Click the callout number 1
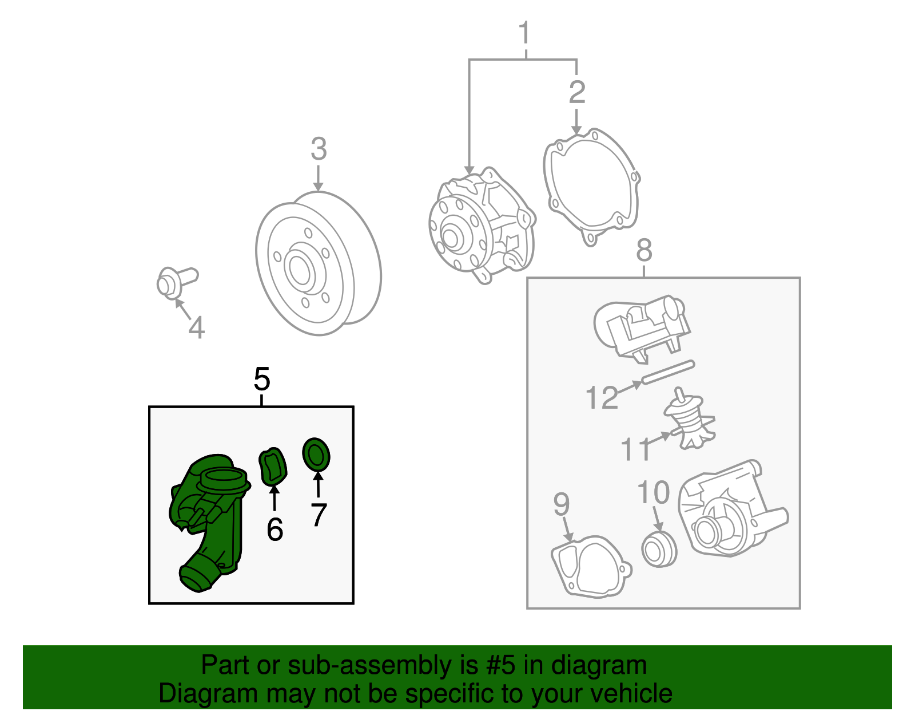point(524,33)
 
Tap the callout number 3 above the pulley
point(319,149)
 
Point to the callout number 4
point(197,327)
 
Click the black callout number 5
point(261,379)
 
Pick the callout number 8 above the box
point(645,250)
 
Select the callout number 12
point(602,397)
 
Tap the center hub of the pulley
point(300,269)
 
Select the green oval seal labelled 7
point(316,456)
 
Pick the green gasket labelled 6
point(272,467)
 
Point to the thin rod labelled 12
point(668,372)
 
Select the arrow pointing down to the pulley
point(319,178)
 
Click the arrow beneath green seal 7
point(319,484)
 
